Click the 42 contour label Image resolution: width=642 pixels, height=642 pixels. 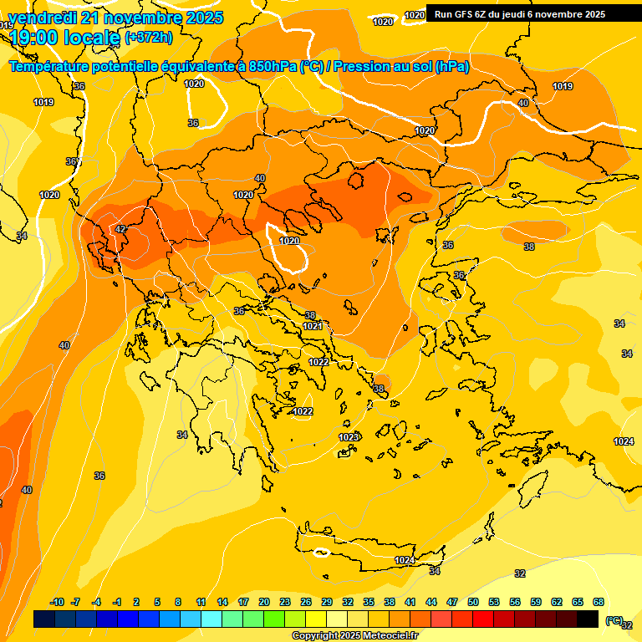[x=120, y=229]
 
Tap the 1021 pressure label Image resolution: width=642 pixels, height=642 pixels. [x=313, y=326]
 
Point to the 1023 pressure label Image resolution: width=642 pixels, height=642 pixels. [x=349, y=437]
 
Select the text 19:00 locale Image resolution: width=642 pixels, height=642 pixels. [x=64, y=37]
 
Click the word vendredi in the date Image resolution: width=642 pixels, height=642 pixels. [x=40, y=18]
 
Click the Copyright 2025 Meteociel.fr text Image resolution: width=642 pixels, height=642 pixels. [x=355, y=636]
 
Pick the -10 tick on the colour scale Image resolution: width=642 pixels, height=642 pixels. [x=57, y=602]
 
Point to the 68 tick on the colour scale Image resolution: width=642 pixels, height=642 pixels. [x=599, y=602]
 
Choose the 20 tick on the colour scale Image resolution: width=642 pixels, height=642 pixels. [x=264, y=602]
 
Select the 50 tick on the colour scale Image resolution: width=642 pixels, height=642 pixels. [x=473, y=602]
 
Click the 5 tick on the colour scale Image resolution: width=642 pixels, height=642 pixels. [x=158, y=602]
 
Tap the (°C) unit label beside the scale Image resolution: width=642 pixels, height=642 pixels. [x=614, y=619]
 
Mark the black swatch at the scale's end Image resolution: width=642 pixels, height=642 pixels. [x=588, y=619]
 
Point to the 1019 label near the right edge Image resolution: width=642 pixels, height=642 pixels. [x=563, y=86]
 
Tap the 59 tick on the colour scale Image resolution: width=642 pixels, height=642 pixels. [x=536, y=602]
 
